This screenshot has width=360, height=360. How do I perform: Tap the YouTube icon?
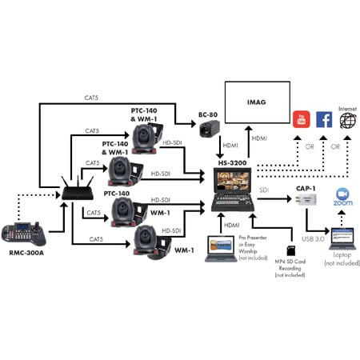point(302,121)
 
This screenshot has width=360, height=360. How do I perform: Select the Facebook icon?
point(325,121)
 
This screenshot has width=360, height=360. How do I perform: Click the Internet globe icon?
point(348,121)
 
